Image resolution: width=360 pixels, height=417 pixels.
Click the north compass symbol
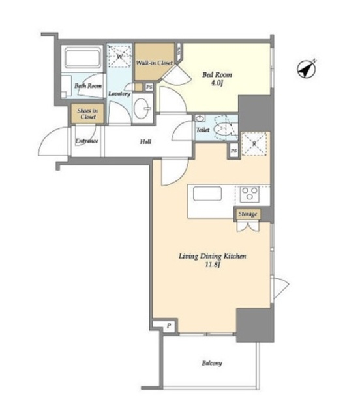tap(307, 69)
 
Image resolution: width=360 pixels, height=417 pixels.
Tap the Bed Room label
tap(217, 75)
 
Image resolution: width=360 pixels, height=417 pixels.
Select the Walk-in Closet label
tap(154, 63)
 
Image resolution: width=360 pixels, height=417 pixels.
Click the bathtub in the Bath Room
tap(83, 58)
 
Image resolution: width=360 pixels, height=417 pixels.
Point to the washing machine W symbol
tap(119, 56)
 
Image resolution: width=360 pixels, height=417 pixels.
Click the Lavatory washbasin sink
tap(142, 108)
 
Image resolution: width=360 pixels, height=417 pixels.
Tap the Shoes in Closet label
tap(87, 114)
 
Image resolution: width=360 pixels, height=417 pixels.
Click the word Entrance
tap(87, 141)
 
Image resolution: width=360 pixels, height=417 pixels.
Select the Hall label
tap(145, 141)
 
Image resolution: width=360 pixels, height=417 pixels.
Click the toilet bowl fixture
tap(222, 129)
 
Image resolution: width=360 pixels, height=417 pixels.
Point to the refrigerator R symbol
tap(254, 144)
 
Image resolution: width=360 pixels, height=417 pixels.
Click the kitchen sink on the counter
tap(207, 194)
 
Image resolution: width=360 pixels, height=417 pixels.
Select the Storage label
tap(248, 214)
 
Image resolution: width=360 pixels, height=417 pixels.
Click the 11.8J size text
tap(212, 265)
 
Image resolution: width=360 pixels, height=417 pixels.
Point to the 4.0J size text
tap(217, 83)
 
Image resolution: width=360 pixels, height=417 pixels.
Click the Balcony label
tap(212, 363)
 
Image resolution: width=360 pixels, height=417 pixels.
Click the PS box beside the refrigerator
tap(233, 151)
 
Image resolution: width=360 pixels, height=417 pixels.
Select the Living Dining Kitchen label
tap(212, 256)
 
